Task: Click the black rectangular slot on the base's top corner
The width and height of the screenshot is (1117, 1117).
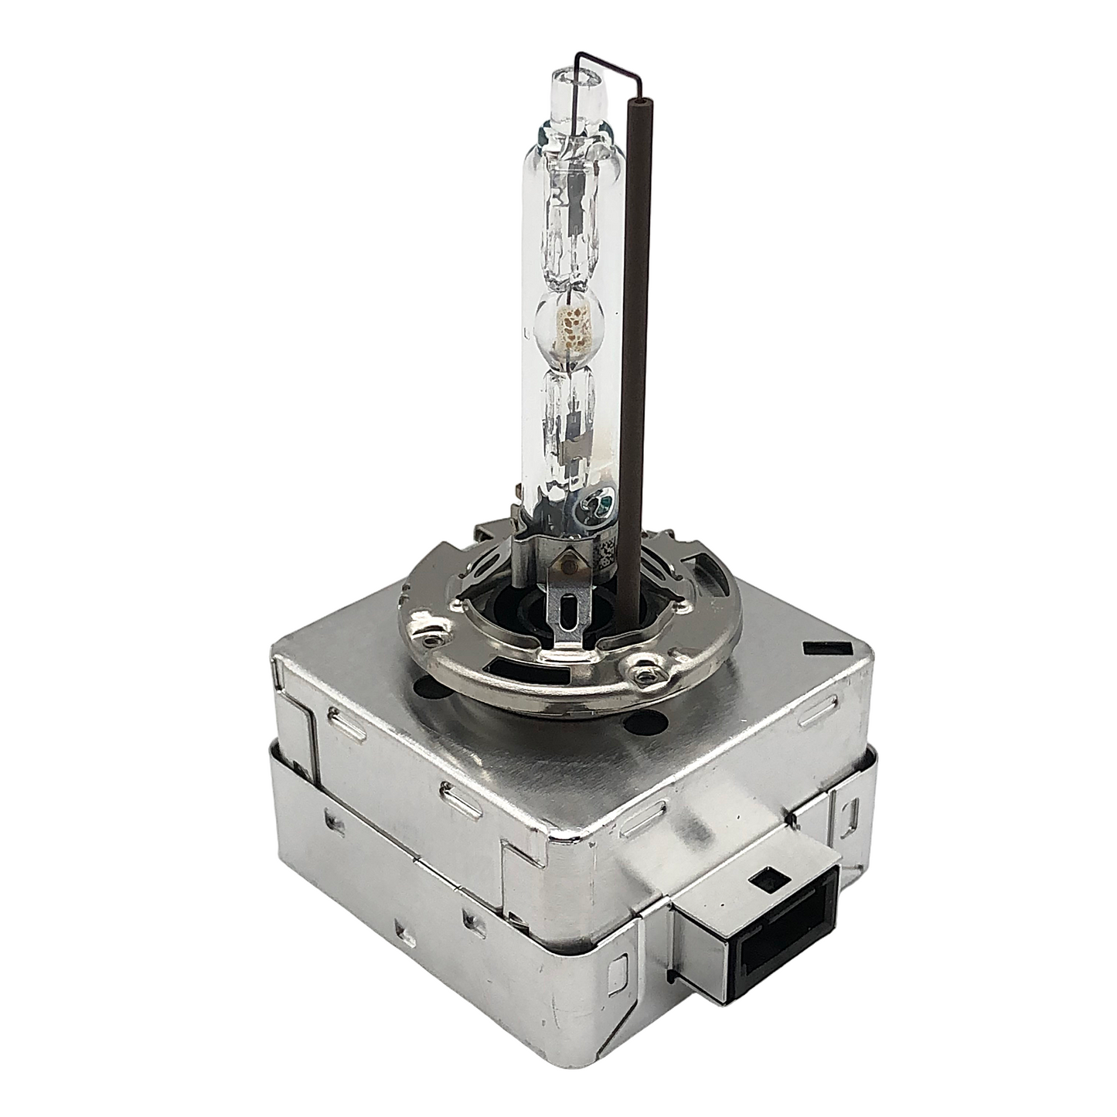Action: [x=822, y=647]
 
